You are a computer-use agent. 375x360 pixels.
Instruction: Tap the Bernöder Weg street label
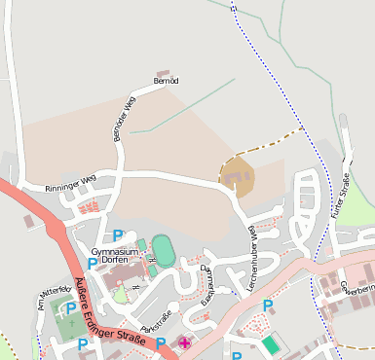pos(123,121)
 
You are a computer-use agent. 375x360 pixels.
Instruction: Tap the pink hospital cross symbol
pos(184,343)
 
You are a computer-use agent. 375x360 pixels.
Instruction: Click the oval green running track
pos(164,252)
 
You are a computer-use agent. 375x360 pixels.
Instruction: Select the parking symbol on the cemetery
pos(70,308)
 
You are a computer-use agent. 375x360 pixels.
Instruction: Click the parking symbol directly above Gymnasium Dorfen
pos(118,234)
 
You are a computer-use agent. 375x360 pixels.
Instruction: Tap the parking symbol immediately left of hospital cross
pos(160,342)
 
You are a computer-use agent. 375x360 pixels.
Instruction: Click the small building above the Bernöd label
pos(163,73)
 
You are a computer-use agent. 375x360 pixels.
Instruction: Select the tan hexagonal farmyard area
pos(237,178)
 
